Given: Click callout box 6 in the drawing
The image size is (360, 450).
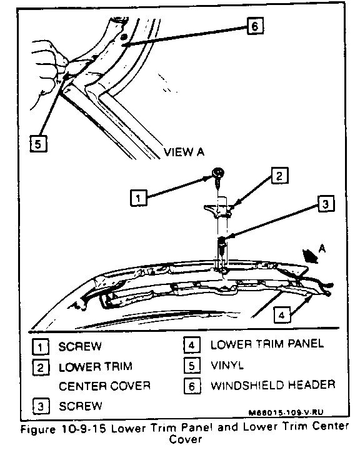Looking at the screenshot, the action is click(x=255, y=26).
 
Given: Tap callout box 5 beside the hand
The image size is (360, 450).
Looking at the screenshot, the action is click(x=39, y=144).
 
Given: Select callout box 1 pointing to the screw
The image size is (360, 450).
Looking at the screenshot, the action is click(x=139, y=197).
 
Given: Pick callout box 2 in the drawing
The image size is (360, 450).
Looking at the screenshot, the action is click(x=279, y=176).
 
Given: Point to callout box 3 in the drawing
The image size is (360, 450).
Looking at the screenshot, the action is click(x=326, y=203).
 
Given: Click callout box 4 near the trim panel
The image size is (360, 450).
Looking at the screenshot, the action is click(x=282, y=314).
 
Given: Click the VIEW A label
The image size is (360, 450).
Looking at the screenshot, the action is click(x=184, y=151).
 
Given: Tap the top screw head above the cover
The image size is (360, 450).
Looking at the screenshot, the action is click(x=218, y=172).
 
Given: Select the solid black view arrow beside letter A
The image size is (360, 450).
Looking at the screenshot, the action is click(x=311, y=256).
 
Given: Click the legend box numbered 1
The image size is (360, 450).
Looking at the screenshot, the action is click(x=40, y=347).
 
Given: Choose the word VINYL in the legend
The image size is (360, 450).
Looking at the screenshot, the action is click(x=227, y=366).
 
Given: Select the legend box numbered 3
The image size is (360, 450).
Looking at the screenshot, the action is click(x=41, y=406).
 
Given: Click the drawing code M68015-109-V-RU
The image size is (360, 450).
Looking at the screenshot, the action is click(x=286, y=412).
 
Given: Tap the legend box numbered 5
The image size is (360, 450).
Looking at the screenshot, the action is click(x=192, y=366).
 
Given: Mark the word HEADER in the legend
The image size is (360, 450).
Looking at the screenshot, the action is click(x=311, y=384).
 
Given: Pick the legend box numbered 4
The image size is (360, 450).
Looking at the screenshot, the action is click(x=192, y=344).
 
